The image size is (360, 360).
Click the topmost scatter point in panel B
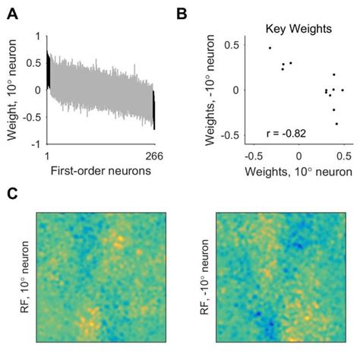(270, 48)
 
